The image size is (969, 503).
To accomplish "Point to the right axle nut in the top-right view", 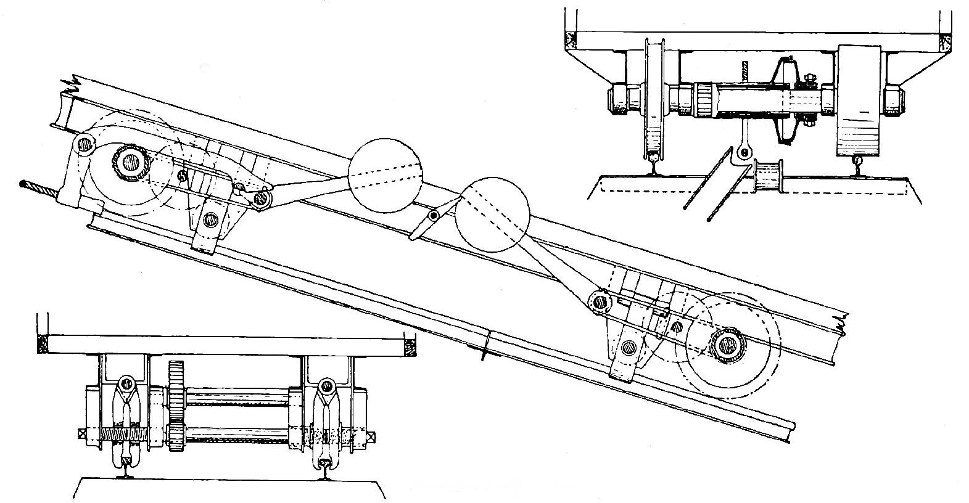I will (895, 99).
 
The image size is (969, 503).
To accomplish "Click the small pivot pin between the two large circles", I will (434, 216).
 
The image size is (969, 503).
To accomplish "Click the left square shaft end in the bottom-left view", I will (80, 434).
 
